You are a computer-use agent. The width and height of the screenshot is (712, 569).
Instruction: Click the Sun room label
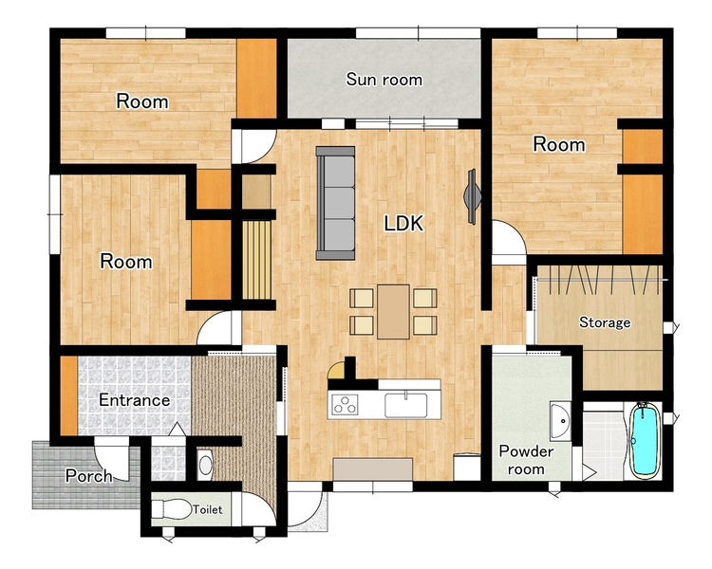click(384, 80)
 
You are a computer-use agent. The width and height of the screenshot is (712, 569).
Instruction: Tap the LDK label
click(403, 223)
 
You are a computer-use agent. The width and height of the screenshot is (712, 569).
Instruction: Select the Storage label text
click(605, 322)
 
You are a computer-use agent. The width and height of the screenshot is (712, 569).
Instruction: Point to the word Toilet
click(208, 509)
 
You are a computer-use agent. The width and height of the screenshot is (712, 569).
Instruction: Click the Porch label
click(88, 476)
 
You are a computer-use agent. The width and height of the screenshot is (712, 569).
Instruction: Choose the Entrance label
click(135, 400)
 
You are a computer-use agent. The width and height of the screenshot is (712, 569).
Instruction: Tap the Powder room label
click(526, 460)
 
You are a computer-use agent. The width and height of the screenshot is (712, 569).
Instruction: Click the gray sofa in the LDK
click(335, 203)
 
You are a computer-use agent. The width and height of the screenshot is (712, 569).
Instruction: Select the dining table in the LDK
click(393, 312)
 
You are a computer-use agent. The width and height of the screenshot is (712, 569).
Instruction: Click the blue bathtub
click(645, 441)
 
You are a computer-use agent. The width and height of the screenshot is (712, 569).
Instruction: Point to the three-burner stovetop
click(346, 404)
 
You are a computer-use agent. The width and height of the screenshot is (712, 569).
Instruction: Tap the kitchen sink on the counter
click(406, 405)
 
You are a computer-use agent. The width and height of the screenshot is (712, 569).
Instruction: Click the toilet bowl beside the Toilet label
click(171, 509)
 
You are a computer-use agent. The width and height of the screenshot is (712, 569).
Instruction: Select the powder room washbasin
click(561, 421)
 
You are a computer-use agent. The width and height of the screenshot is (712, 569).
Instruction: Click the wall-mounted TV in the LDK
click(472, 196)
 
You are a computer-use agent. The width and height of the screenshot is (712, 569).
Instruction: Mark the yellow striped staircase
click(256, 260)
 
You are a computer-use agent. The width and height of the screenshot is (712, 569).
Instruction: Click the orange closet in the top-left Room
click(256, 79)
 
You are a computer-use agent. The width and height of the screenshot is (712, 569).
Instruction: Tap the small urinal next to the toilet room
click(205, 465)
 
